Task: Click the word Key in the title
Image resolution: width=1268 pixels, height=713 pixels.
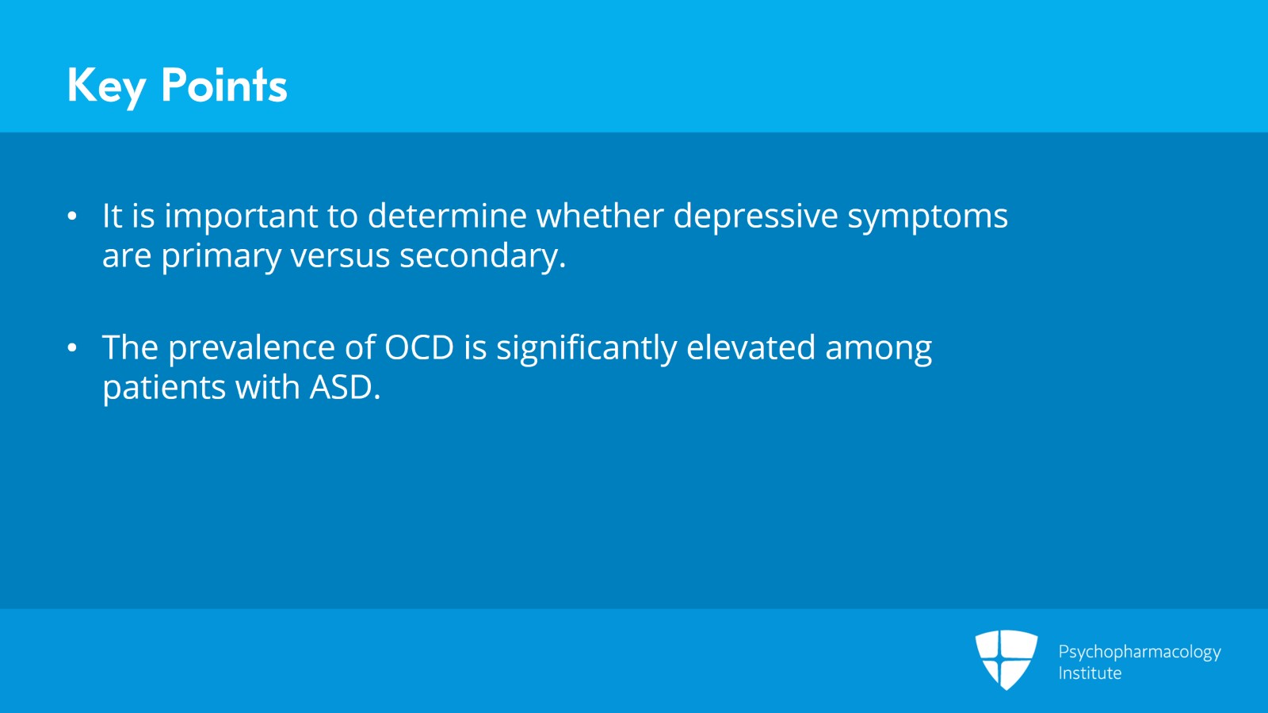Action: pyautogui.click(x=106, y=86)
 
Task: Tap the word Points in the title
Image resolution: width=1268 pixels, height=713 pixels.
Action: pyautogui.click(x=223, y=86)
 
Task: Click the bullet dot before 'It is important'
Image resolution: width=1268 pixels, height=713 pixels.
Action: pyautogui.click(x=73, y=216)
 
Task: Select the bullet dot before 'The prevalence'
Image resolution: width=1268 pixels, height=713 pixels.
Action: pyautogui.click(x=73, y=347)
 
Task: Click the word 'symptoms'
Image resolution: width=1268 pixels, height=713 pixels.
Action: pyautogui.click(x=927, y=217)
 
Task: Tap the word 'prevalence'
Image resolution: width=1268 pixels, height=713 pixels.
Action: pyautogui.click(x=251, y=348)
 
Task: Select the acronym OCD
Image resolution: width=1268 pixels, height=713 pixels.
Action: pyautogui.click(x=419, y=347)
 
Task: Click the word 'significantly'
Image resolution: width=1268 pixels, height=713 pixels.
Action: pyautogui.click(x=586, y=348)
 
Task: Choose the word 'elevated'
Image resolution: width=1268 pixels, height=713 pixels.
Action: pyautogui.click(x=750, y=347)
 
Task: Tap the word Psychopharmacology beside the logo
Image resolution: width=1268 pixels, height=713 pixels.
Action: pyautogui.click(x=1140, y=652)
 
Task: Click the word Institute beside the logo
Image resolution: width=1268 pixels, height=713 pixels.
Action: pyautogui.click(x=1090, y=673)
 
